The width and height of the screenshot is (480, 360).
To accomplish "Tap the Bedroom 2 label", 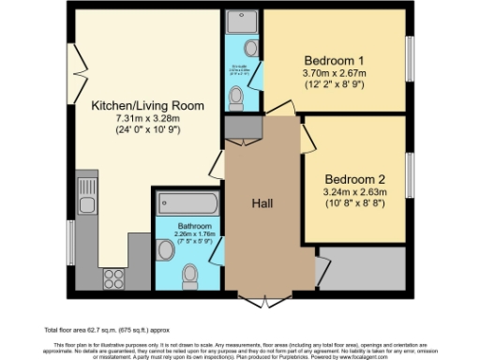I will point(354,178).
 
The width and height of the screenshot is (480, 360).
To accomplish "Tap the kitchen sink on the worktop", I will point(86,205).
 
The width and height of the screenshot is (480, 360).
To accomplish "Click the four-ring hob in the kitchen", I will point(114,277).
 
